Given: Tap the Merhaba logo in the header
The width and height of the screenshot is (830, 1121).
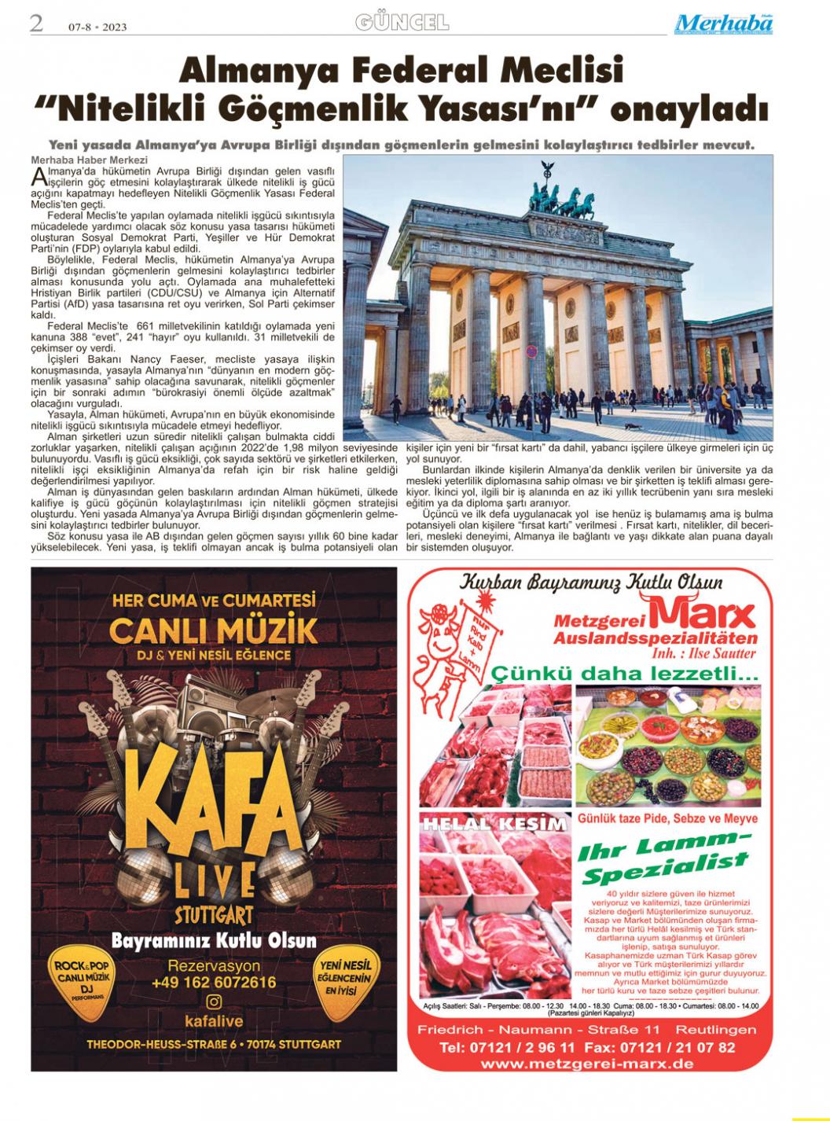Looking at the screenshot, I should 722,24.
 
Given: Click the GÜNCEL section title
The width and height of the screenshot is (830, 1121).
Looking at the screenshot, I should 402,23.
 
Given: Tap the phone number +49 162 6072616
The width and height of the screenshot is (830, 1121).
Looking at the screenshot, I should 214,983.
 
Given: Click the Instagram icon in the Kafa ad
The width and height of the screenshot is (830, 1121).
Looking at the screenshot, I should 214,1002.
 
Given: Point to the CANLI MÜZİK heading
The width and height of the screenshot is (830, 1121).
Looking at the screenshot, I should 214,630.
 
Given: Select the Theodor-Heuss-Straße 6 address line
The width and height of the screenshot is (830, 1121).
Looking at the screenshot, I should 214,1044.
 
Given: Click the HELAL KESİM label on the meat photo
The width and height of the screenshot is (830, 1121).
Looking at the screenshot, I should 494,824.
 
